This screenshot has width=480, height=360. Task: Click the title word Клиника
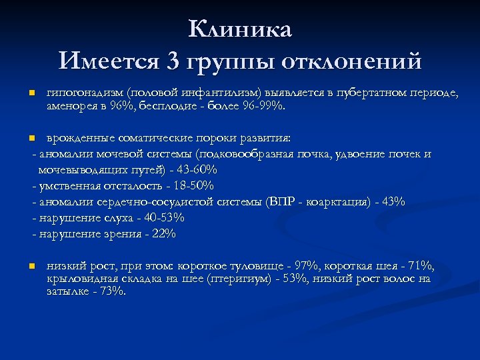pyautogui.click(x=239, y=30)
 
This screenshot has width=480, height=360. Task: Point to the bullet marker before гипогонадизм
pyautogui.click(x=31, y=93)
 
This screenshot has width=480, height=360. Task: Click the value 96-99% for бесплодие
pyautogui.click(x=269, y=105)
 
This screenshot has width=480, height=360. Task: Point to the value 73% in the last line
pyautogui.click(x=111, y=292)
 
